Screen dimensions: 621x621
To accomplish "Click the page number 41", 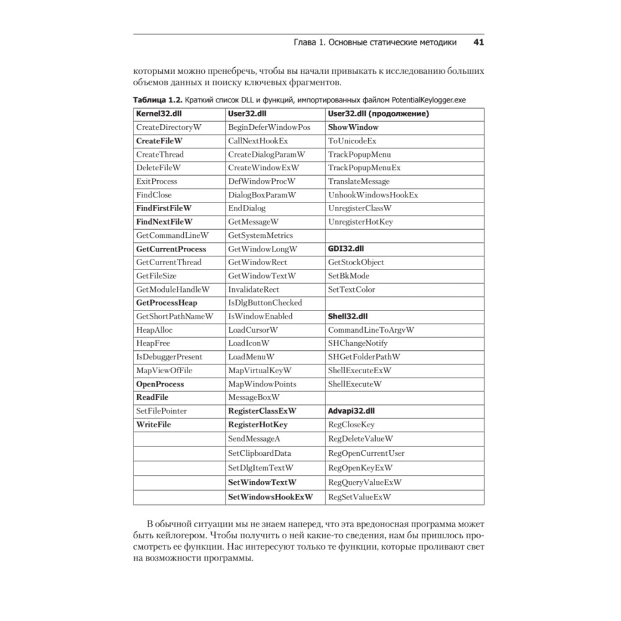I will [x=478, y=43].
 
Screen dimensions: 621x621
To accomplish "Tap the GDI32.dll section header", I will [x=346, y=249].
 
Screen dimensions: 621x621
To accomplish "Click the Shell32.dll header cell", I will [x=348, y=316].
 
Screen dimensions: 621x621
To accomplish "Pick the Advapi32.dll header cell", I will [x=351, y=411].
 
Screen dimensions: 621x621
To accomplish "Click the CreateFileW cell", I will [x=155, y=141].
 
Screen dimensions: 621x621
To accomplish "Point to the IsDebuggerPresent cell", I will [x=169, y=357].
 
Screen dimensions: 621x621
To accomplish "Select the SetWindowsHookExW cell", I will [x=270, y=497].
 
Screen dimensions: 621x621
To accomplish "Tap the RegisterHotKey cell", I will [x=258, y=425].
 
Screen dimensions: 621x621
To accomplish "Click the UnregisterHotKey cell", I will [x=360, y=222].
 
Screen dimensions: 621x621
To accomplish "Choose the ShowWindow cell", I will [x=353, y=127].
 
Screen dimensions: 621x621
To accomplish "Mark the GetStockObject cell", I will [x=356, y=262].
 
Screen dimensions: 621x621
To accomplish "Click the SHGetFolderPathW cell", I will [x=364, y=357].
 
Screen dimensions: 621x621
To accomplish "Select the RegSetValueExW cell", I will [x=359, y=497].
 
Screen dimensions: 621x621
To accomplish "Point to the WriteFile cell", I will [x=153, y=425].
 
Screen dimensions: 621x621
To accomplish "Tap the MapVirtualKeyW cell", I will [x=260, y=371].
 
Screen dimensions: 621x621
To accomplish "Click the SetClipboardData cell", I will [x=259, y=453].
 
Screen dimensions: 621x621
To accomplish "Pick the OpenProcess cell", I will [x=160, y=384].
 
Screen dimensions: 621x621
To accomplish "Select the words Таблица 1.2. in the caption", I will [x=157, y=99].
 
